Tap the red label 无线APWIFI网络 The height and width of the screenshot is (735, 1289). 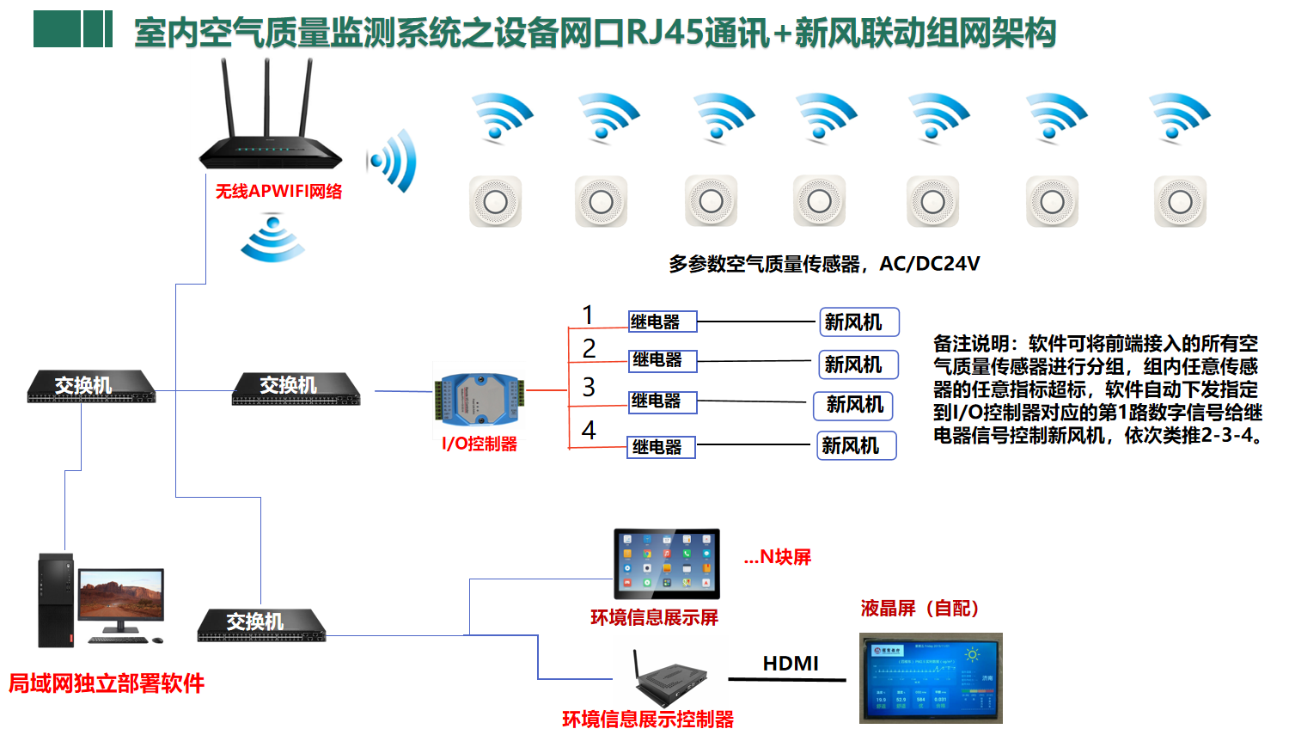pos(278,192)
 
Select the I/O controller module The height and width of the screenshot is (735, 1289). pos(479,400)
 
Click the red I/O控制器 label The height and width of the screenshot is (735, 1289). pos(480,444)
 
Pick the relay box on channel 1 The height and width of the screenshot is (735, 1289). pos(662,322)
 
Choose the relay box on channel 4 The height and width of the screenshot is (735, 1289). pos(661,447)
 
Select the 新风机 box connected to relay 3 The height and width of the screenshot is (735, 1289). pos(854,405)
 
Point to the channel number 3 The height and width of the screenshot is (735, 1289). pos(589,387)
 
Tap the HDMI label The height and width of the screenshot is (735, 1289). pos(791,664)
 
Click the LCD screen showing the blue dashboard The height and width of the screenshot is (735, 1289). pos(931,678)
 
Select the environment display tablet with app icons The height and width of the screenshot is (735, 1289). pos(667,564)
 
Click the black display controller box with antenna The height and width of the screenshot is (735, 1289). pos(670,684)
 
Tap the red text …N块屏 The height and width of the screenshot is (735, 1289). pos(778,557)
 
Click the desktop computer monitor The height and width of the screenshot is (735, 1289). pos(120,597)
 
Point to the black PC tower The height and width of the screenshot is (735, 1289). pos(56,600)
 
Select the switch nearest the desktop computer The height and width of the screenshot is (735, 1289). pos(261,625)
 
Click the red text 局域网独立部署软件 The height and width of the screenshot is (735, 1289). pos(107,683)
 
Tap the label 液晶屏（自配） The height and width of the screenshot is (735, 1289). pos(919,609)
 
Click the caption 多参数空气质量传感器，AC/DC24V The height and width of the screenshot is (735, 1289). pos(824,264)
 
